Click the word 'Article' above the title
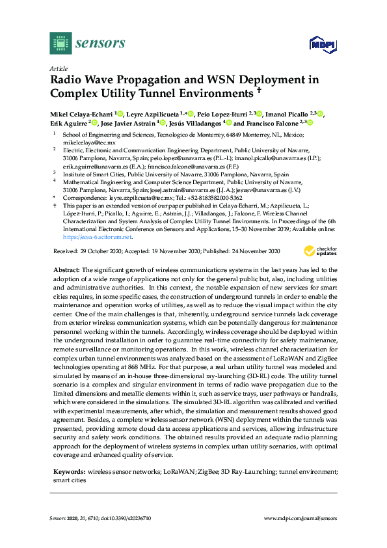57,68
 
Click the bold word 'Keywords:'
69,471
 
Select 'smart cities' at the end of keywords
68,480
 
